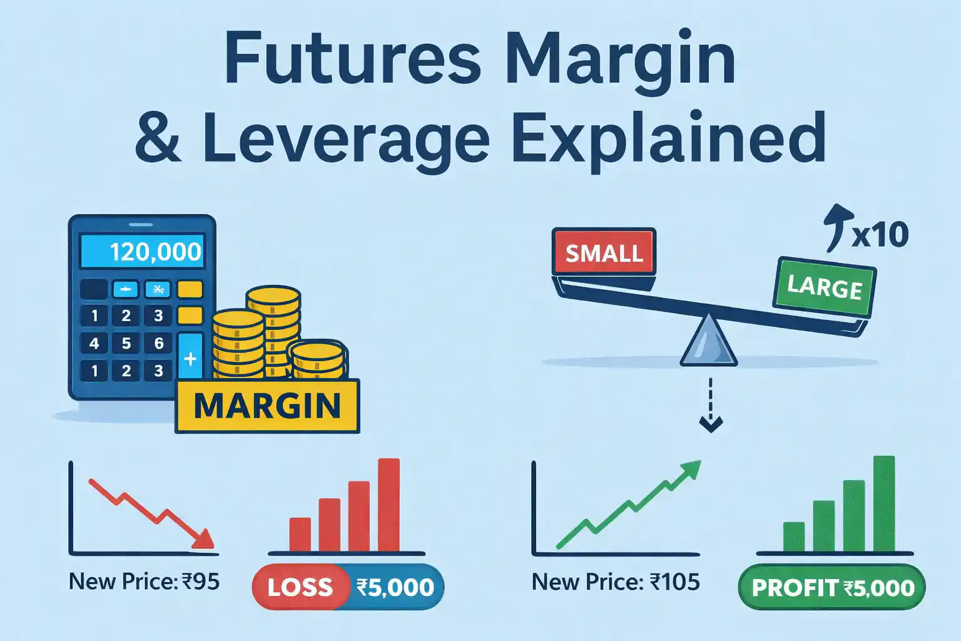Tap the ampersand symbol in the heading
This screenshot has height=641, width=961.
coord(158,138)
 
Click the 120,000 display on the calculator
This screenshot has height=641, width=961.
coord(143,252)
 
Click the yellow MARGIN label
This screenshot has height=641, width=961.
coord(267,406)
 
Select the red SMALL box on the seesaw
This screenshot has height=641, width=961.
coord(604,252)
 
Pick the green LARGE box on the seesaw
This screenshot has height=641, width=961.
coord(824,287)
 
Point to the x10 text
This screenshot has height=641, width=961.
coord(879,235)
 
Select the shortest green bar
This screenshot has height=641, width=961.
coord(794,536)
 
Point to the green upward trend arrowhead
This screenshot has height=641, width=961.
coord(691,469)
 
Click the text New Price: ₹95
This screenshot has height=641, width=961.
coord(144,582)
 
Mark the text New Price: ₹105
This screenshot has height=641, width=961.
coord(616,582)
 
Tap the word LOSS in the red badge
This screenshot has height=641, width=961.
coord(300,587)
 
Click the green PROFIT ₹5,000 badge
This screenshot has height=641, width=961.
coord(832,588)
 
